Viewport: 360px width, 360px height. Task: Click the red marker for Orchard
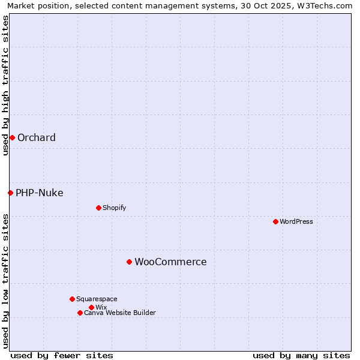12,137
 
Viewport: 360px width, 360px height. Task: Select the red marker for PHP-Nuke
10,193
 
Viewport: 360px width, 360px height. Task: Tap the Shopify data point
98,208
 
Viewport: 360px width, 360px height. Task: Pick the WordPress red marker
275,221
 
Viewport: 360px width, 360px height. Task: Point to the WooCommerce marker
129,262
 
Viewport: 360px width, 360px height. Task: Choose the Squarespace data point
72,299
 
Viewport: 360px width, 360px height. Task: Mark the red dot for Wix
91,307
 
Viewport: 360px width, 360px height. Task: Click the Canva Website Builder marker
80,313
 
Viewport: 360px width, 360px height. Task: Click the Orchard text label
37,137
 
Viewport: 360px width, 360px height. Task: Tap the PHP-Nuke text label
40,193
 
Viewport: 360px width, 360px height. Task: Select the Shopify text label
115,208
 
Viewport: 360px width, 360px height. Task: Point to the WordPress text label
296,221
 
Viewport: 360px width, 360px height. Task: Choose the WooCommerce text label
170,262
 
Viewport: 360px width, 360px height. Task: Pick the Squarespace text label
97,299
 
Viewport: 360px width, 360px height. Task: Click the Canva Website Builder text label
120,313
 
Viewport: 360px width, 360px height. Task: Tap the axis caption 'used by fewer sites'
62,355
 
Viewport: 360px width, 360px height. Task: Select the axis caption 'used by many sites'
301,355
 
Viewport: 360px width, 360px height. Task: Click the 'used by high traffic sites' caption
5,85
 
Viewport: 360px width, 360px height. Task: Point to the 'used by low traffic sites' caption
5,281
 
